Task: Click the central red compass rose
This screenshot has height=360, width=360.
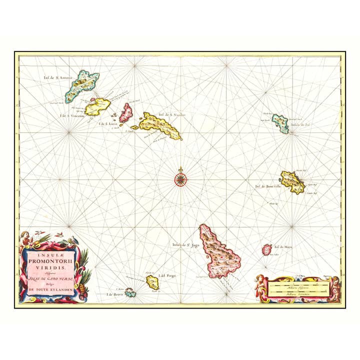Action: click(x=180, y=179)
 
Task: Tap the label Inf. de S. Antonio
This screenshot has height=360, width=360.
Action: click(x=58, y=77)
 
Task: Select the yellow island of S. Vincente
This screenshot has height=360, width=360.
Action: click(x=98, y=106)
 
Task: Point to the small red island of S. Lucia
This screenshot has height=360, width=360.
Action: click(x=126, y=112)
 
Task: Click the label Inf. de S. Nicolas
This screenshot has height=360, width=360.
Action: click(x=172, y=114)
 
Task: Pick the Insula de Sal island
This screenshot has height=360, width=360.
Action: click(x=280, y=123)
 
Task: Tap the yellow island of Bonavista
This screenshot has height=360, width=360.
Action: click(x=291, y=181)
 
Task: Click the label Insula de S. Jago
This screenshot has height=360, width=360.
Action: click(x=182, y=245)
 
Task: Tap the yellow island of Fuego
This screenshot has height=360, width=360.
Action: click(x=152, y=282)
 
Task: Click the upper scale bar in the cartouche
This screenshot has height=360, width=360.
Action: click(x=298, y=286)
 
